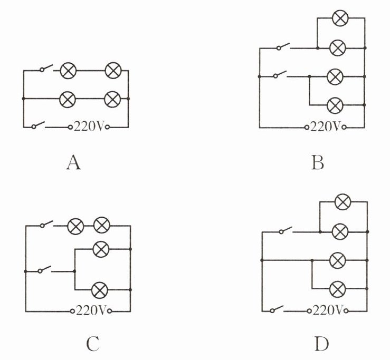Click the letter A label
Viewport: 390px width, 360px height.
click(x=73, y=163)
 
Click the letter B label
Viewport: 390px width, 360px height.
click(x=317, y=163)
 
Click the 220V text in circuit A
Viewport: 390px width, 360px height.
click(x=90, y=127)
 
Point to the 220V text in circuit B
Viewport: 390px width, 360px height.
click(x=326, y=127)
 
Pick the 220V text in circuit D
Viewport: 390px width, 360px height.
click(x=329, y=309)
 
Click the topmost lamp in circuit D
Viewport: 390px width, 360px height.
click(x=343, y=201)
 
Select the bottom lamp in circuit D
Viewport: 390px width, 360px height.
click(x=337, y=288)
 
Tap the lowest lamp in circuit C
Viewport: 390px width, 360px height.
click(x=100, y=289)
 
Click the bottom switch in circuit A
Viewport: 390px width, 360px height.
click(x=39, y=125)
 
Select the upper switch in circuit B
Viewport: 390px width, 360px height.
click(x=283, y=47)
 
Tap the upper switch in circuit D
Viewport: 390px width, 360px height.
click(x=286, y=230)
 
